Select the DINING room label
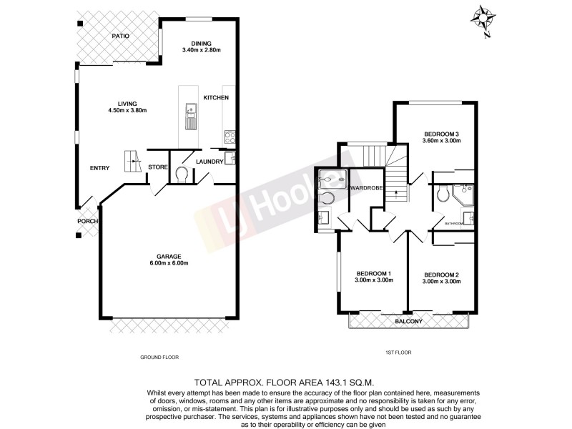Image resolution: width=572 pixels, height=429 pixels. click(201, 43)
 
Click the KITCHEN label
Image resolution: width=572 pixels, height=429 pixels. click(215, 97)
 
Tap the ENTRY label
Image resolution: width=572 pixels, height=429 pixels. click(100, 168)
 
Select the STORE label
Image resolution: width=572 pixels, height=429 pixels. click(157, 167)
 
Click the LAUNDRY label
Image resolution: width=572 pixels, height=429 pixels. click(209, 162)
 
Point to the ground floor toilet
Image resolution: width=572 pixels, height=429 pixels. click(180, 174)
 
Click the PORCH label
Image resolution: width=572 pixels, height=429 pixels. click(88, 221)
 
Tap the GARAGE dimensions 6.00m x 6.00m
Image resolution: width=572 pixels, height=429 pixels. click(169, 263)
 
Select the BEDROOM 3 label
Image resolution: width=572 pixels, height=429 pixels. click(441, 134)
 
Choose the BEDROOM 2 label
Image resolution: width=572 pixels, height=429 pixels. click(441, 275)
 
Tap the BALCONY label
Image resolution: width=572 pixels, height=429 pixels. click(409, 321)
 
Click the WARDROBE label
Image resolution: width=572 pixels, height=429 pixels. click(368, 188)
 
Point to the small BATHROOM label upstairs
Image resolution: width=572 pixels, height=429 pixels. click(455, 224)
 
